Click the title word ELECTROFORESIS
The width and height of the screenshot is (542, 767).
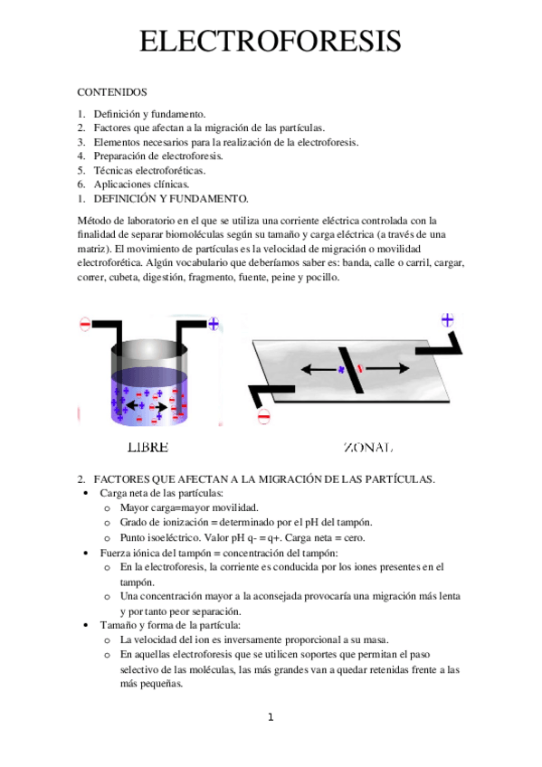pyautogui.click(x=271, y=42)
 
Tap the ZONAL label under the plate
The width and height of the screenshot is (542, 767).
pyautogui.click(x=368, y=448)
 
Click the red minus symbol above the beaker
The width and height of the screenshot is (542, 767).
pyautogui.click(x=85, y=323)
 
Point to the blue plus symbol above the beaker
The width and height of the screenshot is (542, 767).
pyautogui.click(x=214, y=322)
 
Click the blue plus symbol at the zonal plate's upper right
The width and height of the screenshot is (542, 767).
pyautogui.click(x=447, y=319)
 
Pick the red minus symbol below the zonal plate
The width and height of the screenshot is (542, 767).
pyautogui.click(x=263, y=416)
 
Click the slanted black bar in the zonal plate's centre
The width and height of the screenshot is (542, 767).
pyautogui.click(x=351, y=369)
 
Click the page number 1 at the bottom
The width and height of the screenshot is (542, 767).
pyautogui.click(x=270, y=718)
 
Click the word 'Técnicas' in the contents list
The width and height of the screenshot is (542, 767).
pyautogui.click(x=115, y=169)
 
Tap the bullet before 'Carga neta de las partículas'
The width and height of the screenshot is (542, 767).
pyautogui.click(x=85, y=493)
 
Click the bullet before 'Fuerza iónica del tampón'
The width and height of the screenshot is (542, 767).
pyautogui.click(x=85, y=553)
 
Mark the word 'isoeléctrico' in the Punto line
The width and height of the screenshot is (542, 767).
pyautogui.click(x=175, y=537)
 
